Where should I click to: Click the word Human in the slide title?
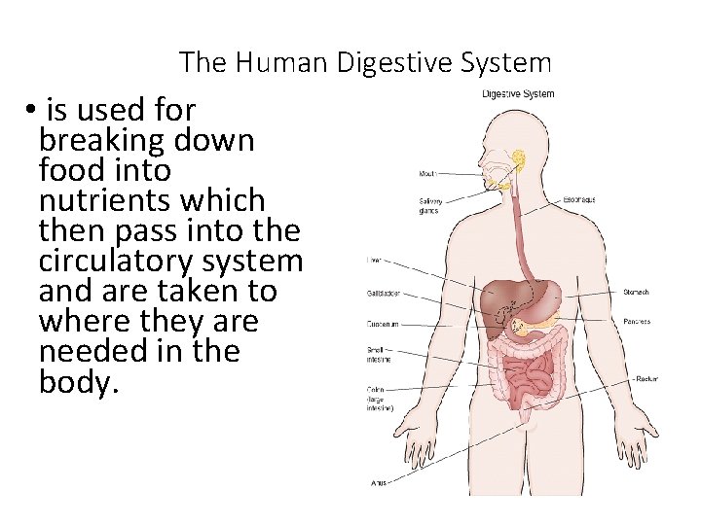point(280,63)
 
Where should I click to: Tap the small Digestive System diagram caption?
point(518,94)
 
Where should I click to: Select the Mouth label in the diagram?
point(427,175)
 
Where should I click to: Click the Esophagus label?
point(579,199)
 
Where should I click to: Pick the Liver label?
point(374,260)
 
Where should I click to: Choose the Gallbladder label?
point(383,293)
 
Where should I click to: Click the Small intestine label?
point(379,355)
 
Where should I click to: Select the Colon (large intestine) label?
point(380,399)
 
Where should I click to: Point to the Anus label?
point(379,482)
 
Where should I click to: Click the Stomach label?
point(636,292)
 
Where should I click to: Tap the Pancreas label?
point(637,322)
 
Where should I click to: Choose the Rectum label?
point(646,378)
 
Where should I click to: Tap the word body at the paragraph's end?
point(78,381)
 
